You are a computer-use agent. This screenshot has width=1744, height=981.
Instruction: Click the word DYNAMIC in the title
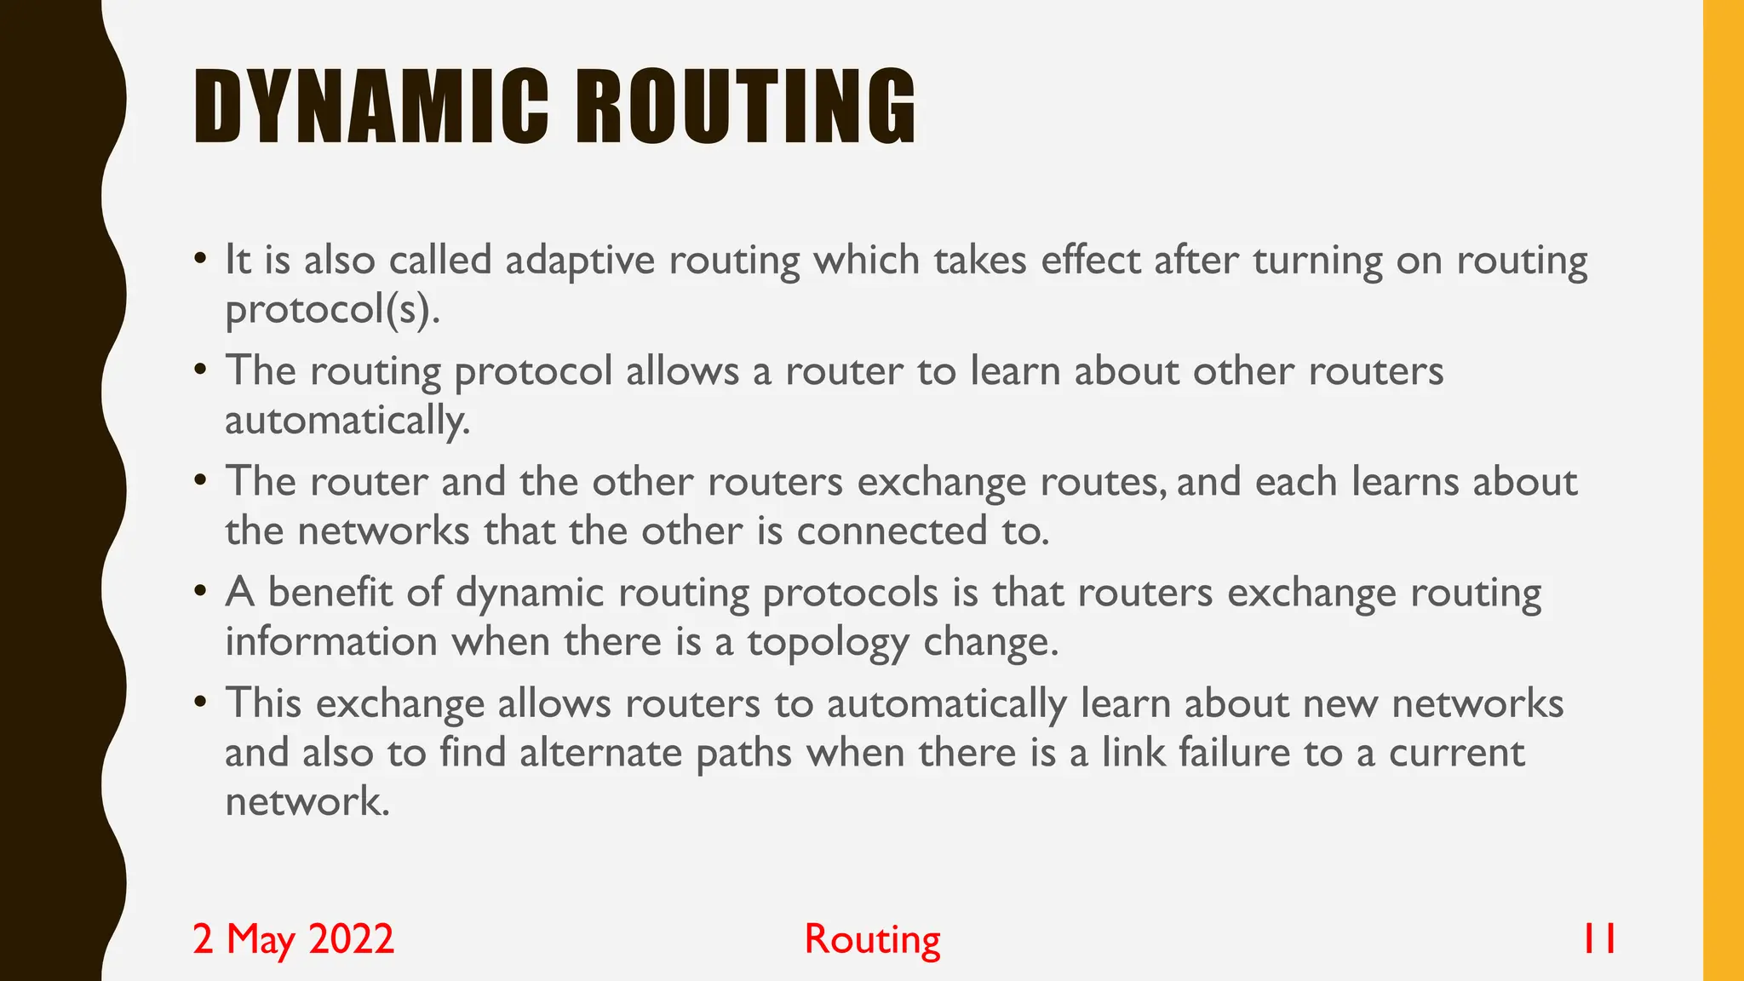[370, 106]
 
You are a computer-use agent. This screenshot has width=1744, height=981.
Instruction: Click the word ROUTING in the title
[746, 106]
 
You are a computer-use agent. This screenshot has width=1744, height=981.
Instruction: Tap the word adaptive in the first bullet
[580, 260]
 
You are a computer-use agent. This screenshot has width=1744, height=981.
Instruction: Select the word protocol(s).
[333, 309]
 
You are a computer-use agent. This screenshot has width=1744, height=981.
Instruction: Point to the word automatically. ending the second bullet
[347, 420]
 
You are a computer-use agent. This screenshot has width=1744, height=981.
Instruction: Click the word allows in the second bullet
[682, 370]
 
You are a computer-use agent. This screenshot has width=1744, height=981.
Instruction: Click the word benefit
[330, 592]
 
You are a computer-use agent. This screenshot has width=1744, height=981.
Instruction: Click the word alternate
[601, 753]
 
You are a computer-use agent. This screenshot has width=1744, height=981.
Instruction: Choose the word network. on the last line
[307, 801]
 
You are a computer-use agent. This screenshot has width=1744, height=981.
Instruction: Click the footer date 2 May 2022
[294, 938]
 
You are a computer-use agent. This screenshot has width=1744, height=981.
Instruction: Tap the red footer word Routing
[872, 939]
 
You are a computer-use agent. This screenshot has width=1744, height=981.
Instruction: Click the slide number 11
[1598, 938]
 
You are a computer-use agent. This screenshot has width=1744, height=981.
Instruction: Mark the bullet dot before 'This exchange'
[200, 703]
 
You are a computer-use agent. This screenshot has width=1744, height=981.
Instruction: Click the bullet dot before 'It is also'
[200, 258]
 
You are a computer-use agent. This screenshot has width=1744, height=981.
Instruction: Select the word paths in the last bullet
[743, 753]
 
